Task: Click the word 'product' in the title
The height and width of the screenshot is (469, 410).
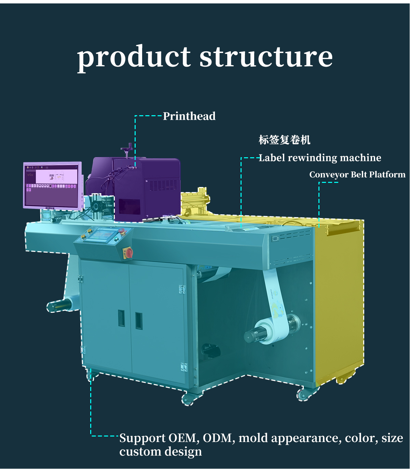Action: [134, 57]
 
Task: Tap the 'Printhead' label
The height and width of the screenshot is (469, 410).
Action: [189, 116]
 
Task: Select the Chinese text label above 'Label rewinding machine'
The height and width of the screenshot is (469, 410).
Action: [284, 140]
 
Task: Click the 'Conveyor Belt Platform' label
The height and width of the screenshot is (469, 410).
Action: [357, 175]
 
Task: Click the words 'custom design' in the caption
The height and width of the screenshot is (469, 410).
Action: [161, 452]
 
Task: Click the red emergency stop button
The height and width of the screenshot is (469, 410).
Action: [128, 253]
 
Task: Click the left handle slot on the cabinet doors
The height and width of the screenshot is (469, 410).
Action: [121, 318]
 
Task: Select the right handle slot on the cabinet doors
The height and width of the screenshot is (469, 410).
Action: [138, 321]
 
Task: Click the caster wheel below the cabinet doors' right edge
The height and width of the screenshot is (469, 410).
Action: [187, 399]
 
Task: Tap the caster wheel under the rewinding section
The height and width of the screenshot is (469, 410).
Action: [303, 394]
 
